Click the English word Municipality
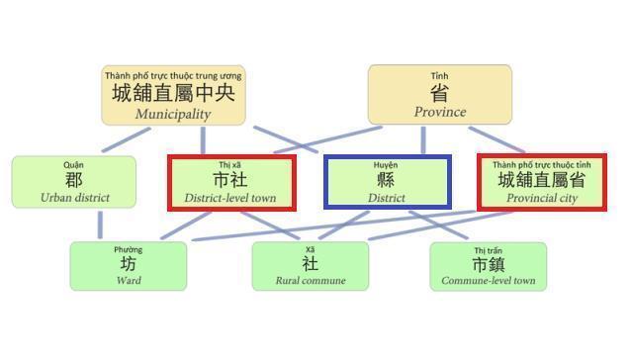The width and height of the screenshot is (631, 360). click(x=173, y=114)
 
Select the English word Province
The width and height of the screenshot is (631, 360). click(x=439, y=112)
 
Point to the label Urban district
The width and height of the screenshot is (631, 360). click(x=75, y=198)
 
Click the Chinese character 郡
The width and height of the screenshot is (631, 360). click(x=74, y=180)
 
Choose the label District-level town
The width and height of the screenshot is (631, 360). click(x=230, y=198)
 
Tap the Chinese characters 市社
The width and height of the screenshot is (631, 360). click(x=230, y=180)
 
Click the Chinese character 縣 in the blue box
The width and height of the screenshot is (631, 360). click(x=387, y=180)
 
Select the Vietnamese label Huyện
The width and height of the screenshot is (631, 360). click(x=387, y=164)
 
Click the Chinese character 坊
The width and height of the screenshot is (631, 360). click(x=129, y=264)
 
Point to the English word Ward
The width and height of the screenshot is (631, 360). click(x=129, y=281)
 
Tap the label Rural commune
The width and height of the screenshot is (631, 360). click(x=311, y=281)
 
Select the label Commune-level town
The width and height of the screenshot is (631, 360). click(x=489, y=281)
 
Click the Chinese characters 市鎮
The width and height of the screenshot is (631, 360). click(x=489, y=264)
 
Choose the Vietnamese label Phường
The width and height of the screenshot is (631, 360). click(x=129, y=249)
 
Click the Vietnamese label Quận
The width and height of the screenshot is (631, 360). click(x=74, y=164)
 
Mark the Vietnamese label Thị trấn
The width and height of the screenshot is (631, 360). click(x=489, y=249)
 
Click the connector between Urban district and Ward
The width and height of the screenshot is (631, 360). click(x=100, y=225)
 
